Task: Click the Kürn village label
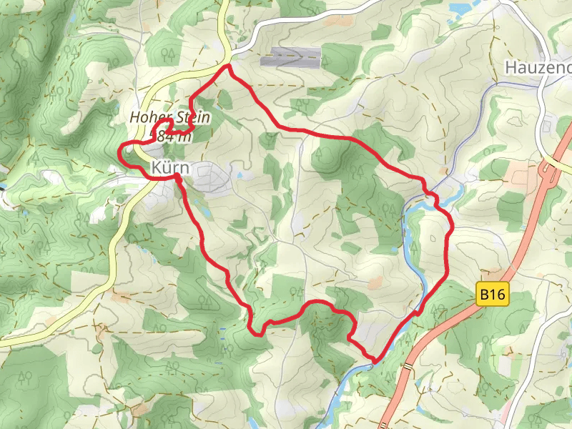point(170,167)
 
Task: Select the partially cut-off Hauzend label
point(538,67)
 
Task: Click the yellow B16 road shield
point(493,293)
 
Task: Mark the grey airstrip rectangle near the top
point(291,57)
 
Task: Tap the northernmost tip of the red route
point(228,66)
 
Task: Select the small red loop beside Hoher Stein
point(162,130)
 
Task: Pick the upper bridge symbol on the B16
point(408,367)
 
